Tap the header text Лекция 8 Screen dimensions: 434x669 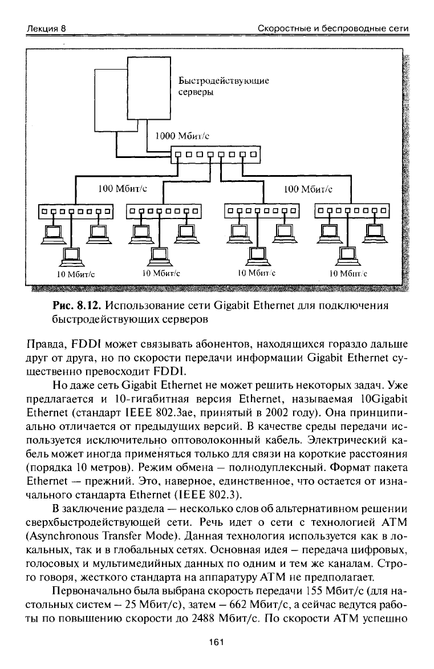46,29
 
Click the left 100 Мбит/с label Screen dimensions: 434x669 123,188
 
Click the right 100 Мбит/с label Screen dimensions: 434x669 308,188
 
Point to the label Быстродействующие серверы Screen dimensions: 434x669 223,86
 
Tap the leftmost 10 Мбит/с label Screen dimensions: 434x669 75,274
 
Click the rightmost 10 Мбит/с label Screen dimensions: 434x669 348,274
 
